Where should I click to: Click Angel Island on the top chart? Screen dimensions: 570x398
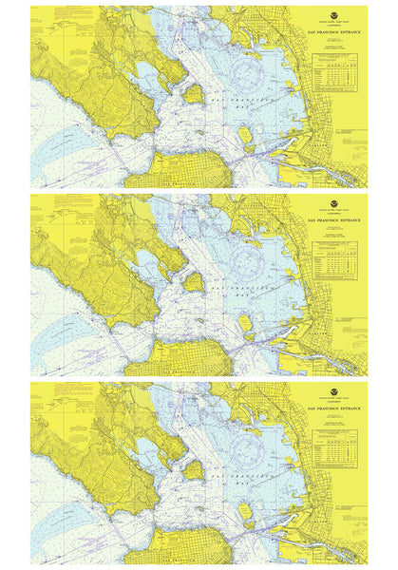(193, 93)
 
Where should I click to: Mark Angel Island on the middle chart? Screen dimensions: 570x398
(193, 281)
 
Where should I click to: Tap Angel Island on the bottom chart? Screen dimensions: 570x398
(193, 469)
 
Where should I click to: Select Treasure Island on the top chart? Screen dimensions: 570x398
(245, 135)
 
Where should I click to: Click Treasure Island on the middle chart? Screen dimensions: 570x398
(245, 323)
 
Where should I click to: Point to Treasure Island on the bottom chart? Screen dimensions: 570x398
(245, 511)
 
